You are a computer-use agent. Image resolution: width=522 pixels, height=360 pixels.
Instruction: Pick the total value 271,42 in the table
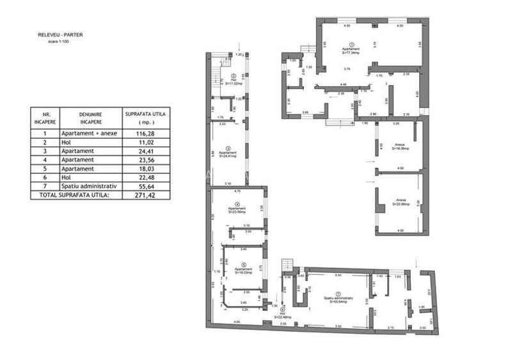point(139,194)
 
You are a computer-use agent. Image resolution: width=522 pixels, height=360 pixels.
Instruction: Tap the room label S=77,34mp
point(351,54)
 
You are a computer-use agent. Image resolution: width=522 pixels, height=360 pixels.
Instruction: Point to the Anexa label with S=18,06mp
point(401,146)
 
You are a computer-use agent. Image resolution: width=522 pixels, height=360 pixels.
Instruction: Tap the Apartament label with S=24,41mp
point(228,155)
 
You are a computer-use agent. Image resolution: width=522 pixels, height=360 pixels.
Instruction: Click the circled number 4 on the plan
point(237,205)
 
